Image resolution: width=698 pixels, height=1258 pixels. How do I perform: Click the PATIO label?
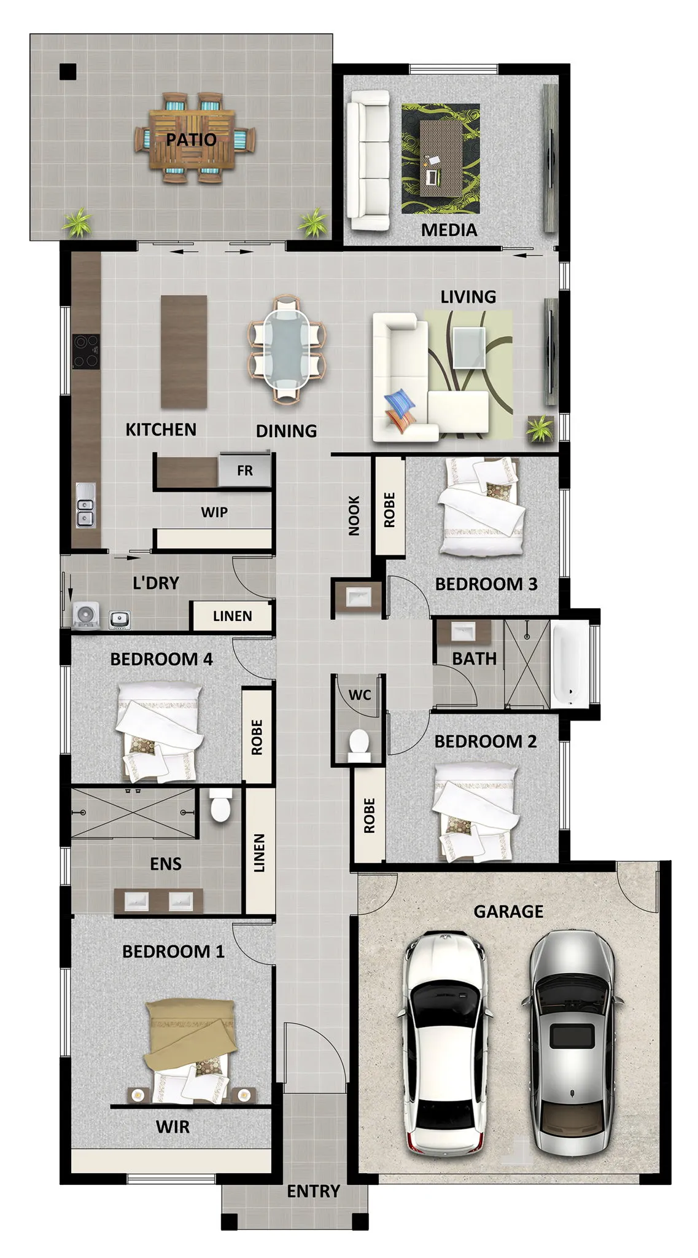click(191, 139)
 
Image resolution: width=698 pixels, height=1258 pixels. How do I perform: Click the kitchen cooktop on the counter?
click(85, 351)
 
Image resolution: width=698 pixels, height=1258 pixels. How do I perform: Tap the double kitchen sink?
click(85, 505)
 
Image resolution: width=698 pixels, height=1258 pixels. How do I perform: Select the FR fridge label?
click(244, 471)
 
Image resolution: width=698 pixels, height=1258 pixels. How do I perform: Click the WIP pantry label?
click(214, 512)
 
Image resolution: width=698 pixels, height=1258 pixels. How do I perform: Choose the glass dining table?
click(287, 349)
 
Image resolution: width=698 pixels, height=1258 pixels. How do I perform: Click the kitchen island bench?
click(184, 352)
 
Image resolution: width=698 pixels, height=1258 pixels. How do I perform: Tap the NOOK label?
click(354, 516)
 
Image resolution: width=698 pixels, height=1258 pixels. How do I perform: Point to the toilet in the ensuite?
click(219, 805)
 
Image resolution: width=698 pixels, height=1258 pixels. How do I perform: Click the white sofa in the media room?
click(368, 161)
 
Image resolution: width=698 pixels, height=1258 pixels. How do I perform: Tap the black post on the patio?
click(68, 72)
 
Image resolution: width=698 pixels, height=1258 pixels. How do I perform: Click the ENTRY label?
click(313, 1192)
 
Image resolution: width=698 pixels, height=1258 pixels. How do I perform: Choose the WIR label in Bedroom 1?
click(173, 1127)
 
